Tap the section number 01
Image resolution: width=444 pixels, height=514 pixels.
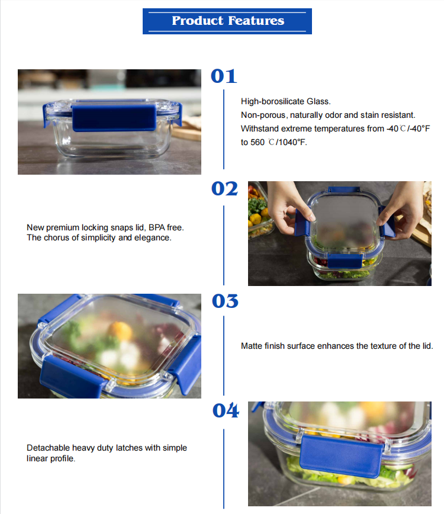(x=224, y=76)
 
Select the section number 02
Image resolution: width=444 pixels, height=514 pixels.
(x=224, y=189)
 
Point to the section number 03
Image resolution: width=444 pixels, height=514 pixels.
(x=225, y=301)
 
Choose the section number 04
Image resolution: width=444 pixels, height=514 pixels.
(x=226, y=410)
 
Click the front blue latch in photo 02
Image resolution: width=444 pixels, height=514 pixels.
(x=344, y=261)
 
